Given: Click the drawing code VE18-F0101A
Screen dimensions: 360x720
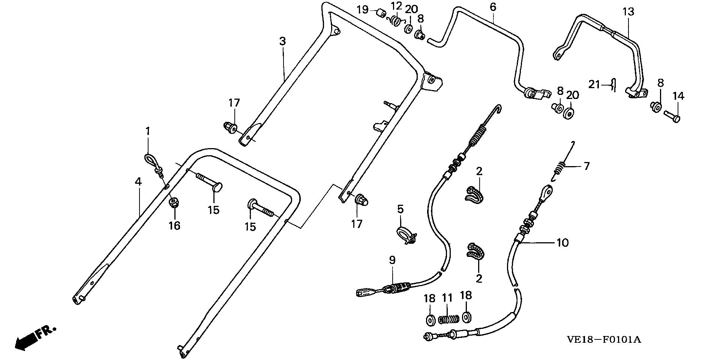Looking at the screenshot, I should tap(604, 340).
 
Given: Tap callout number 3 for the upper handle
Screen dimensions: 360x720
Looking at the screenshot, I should tap(282, 41).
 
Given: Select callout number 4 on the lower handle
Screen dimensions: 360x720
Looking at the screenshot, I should tap(138, 182).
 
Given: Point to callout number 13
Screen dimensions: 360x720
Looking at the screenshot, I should tap(628, 12).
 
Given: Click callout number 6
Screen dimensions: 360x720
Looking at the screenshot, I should tap(493, 7).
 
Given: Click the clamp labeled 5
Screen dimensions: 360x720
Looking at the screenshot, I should tap(405, 234).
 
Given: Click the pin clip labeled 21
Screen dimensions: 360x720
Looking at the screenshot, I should tap(613, 85).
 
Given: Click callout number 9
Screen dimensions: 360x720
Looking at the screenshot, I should tap(392, 260).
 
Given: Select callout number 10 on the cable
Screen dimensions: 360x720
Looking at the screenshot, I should tap(562, 243).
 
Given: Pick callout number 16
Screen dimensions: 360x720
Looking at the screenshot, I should tap(174, 225).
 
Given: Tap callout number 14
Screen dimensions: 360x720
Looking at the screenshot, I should tap(678, 96).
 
